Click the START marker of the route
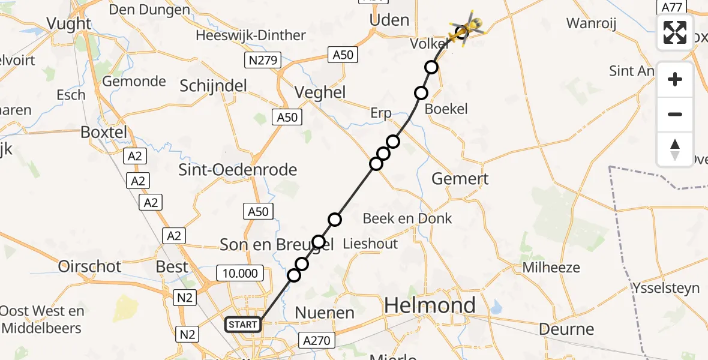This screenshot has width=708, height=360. point(243,325)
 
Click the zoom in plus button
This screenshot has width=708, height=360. point(675,79)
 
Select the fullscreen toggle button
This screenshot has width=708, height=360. point(675,32)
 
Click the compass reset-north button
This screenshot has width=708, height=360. point(675,149)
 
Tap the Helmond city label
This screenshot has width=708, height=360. point(430,305)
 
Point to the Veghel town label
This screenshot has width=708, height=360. point(320,92)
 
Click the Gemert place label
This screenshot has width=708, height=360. point(460,178)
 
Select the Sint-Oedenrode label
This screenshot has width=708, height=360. point(238,170)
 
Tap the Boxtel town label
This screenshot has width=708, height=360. point(103,132)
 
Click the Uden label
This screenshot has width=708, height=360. point(389,20)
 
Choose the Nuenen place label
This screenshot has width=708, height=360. point(325,313)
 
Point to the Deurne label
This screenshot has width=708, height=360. point(566,329)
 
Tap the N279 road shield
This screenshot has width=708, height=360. point(260,60)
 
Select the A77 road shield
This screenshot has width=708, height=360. point(671,7)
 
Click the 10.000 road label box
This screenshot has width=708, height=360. point(240,274)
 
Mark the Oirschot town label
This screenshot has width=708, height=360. point(90,266)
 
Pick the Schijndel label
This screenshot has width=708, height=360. point(213,86)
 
